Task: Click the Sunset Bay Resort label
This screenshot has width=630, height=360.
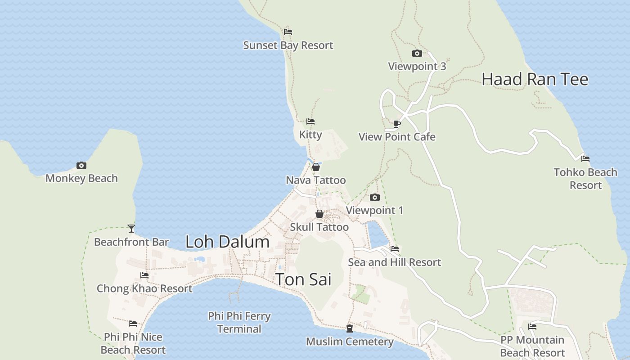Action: [x=288, y=45]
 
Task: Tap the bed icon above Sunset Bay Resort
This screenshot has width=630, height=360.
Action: [x=288, y=32]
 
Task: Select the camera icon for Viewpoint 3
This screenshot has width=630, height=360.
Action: [x=417, y=53]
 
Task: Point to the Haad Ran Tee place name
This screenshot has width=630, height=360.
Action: [x=535, y=79]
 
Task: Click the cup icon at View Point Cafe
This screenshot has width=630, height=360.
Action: [x=396, y=123]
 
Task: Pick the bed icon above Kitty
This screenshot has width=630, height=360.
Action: [x=310, y=121]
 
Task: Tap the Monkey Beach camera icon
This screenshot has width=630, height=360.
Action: [x=81, y=165]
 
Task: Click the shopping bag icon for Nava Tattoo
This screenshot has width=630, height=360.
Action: [x=316, y=167]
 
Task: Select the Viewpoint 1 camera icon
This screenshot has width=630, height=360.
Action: [x=374, y=197]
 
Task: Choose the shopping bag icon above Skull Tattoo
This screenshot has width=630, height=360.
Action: [x=319, y=214]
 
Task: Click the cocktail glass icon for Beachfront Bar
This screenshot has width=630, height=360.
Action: [x=131, y=229]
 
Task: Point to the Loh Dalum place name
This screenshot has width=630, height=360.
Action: [x=227, y=242]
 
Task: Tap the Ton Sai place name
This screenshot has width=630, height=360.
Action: [x=303, y=279]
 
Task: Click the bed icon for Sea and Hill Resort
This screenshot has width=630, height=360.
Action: [x=395, y=249]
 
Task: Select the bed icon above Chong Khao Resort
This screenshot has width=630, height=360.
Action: [x=144, y=275]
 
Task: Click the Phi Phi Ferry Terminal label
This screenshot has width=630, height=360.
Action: [x=239, y=322]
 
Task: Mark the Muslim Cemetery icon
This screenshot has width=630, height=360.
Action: [x=350, y=328]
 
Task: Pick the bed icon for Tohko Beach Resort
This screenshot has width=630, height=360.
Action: [x=585, y=159]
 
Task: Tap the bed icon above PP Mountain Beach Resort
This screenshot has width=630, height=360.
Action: [x=532, y=327]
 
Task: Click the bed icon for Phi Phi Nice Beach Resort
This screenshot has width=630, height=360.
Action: [x=133, y=324]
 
